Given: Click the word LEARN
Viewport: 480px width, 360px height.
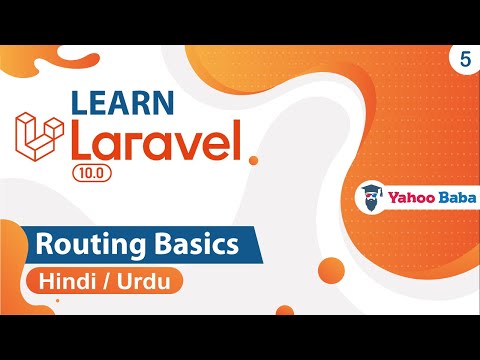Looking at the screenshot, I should pos(121,103).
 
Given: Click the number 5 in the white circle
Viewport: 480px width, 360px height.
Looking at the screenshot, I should pos(466,58).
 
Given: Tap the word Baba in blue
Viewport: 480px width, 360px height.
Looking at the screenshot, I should pos(451,197).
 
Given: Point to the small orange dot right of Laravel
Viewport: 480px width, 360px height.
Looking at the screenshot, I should pos(254,159).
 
